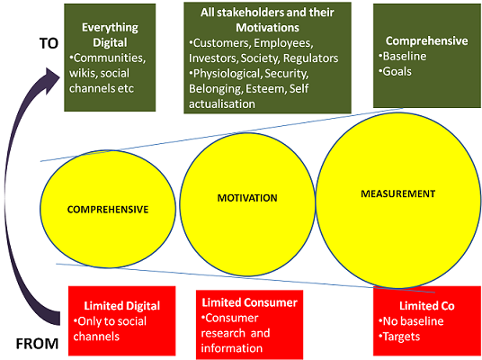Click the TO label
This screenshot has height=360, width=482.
coord(49,43)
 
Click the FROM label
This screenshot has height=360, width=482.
coord(37,344)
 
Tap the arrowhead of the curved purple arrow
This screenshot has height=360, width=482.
coord(52,81)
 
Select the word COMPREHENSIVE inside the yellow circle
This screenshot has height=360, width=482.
coord(108,210)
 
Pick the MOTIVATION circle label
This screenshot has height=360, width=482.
coord(247,198)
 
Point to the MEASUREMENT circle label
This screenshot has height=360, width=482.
coord(398,193)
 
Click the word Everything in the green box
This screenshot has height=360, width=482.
coord(110,28)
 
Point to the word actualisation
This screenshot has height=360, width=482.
coord(222,104)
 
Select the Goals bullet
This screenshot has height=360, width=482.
coord(396,72)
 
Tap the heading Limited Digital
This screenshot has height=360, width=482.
coord(122,306)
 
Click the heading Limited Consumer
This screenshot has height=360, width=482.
coord(250,302)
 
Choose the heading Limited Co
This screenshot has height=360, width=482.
coord(427,306)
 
